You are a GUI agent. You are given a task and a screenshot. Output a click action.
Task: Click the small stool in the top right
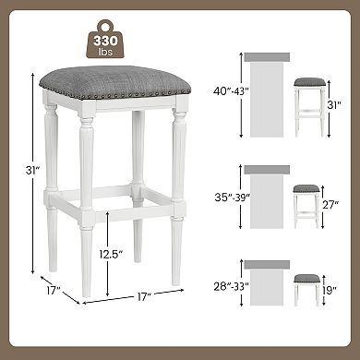click(308, 107)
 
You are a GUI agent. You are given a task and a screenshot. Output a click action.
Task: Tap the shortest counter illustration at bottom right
click(268, 287)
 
